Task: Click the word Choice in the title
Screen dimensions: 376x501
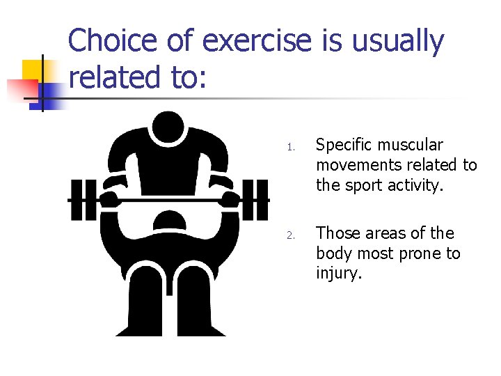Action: tap(111, 41)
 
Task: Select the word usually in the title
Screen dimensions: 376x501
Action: tap(398, 41)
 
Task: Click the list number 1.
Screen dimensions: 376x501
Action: tap(291, 147)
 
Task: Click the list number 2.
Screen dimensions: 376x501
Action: tap(292, 235)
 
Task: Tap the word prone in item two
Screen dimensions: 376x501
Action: tap(420, 253)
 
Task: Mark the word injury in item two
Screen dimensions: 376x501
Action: tap(339, 274)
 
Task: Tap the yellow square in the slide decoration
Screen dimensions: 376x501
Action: tap(33, 70)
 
